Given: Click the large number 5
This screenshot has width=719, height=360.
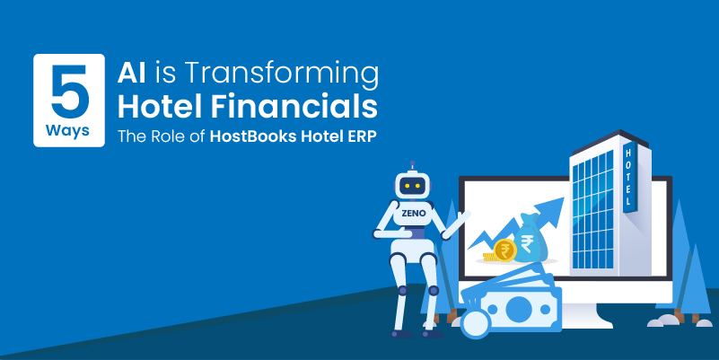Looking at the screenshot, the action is [x=69, y=92].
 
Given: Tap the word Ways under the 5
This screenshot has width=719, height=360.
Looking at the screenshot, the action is [x=67, y=131].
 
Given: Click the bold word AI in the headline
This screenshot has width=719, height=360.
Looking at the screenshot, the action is [x=132, y=73].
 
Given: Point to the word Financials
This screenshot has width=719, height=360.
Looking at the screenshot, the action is [x=294, y=107].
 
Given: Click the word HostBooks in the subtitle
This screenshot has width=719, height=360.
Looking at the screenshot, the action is [x=252, y=136].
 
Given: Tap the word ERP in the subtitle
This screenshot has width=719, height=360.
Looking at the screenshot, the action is [x=364, y=136].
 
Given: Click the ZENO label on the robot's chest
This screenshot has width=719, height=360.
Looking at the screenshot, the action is [x=413, y=214].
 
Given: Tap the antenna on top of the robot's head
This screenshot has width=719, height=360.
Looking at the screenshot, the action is [x=412, y=166].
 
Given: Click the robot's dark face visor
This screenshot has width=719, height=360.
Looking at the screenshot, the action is [x=412, y=186].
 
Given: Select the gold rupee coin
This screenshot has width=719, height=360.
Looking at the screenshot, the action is [x=504, y=250].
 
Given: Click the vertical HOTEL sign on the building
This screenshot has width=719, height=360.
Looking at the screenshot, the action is [x=628, y=177].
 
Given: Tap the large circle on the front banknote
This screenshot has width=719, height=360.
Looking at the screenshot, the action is [x=519, y=309].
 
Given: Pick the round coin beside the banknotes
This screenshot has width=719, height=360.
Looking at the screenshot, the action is [x=475, y=324].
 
